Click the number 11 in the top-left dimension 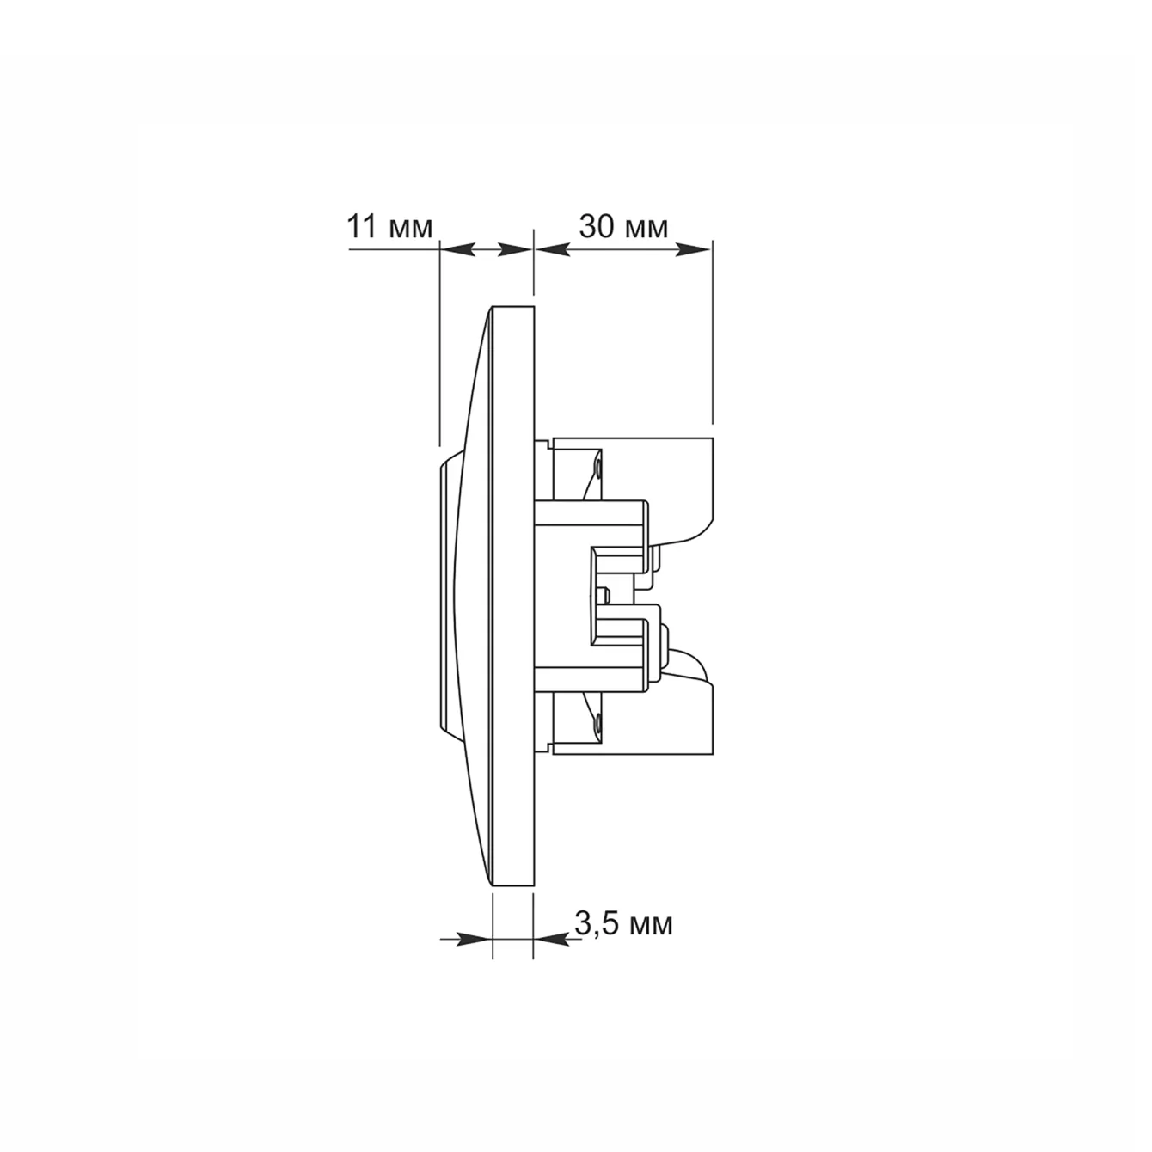point(363,226)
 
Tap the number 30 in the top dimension point(597,227)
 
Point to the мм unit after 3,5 point(652,926)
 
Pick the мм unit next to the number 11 point(410,229)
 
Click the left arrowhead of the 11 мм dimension point(457,250)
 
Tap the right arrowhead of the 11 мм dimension point(515,250)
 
